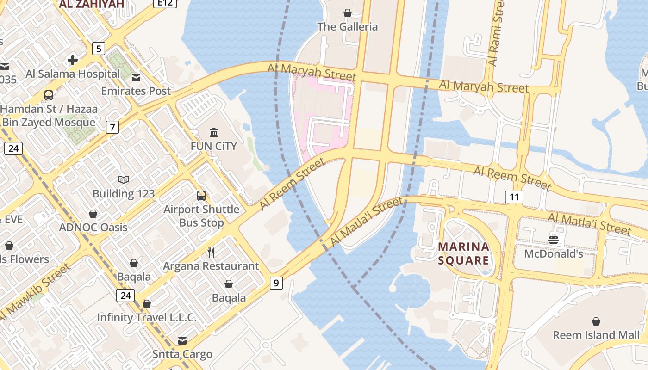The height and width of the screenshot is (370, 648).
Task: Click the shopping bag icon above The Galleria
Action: click(x=348, y=13)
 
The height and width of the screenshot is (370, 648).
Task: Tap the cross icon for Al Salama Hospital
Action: click(x=73, y=60)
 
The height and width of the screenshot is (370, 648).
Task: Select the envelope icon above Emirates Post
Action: click(x=136, y=78)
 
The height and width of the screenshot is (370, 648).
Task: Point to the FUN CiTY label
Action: click(x=214, y=146)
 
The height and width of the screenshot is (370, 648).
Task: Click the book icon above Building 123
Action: click(x=124, y=179)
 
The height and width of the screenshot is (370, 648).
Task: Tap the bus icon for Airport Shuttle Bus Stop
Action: click(x=201, y=195)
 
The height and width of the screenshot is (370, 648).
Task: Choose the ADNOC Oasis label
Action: click(x=93, y=227)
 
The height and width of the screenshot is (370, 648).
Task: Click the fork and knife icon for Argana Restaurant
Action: click(x=211, y=252)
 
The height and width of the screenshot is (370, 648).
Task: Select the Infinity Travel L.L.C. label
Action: click(x=147, y=317)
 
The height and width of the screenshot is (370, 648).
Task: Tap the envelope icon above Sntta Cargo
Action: click(x=182, y=341)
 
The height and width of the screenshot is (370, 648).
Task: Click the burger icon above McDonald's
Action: click(x=553, y=240)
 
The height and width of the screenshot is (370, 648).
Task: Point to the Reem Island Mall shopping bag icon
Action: click(x=596, y=321)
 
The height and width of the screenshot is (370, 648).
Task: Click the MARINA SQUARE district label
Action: click(x=463, y=253)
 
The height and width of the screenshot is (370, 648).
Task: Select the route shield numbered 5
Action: click(x=98, y=48)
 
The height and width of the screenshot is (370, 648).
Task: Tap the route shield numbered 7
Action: click(x=112, y=127)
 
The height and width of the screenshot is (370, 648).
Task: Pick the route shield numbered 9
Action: click(x=276, y=283)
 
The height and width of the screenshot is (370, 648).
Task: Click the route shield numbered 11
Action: click(x=514, y=197)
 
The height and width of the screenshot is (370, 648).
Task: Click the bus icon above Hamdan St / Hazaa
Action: click(x=49, y=95)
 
